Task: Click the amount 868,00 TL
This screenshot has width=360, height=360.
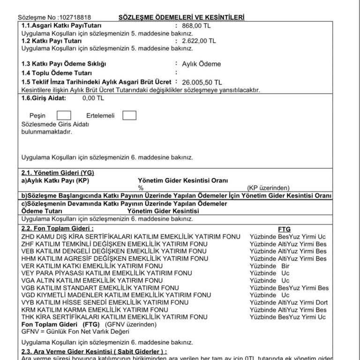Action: (196, 26)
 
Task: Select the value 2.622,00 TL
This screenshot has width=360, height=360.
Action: (199, 41)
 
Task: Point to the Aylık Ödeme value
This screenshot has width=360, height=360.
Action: (201, 64)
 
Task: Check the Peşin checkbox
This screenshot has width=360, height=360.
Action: (63, 115)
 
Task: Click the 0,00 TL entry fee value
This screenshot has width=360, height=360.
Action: (93, 98)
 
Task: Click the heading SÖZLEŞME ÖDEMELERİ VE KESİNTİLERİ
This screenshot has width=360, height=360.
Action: (181, 18)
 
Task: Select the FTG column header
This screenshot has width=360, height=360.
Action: (284, 229)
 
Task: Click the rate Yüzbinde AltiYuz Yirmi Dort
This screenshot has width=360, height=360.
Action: (288, 302)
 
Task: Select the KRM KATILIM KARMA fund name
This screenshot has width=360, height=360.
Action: (95, 310)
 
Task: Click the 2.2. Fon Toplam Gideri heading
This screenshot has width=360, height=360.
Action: (58, 228)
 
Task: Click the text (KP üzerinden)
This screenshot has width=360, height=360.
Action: (269, 188)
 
